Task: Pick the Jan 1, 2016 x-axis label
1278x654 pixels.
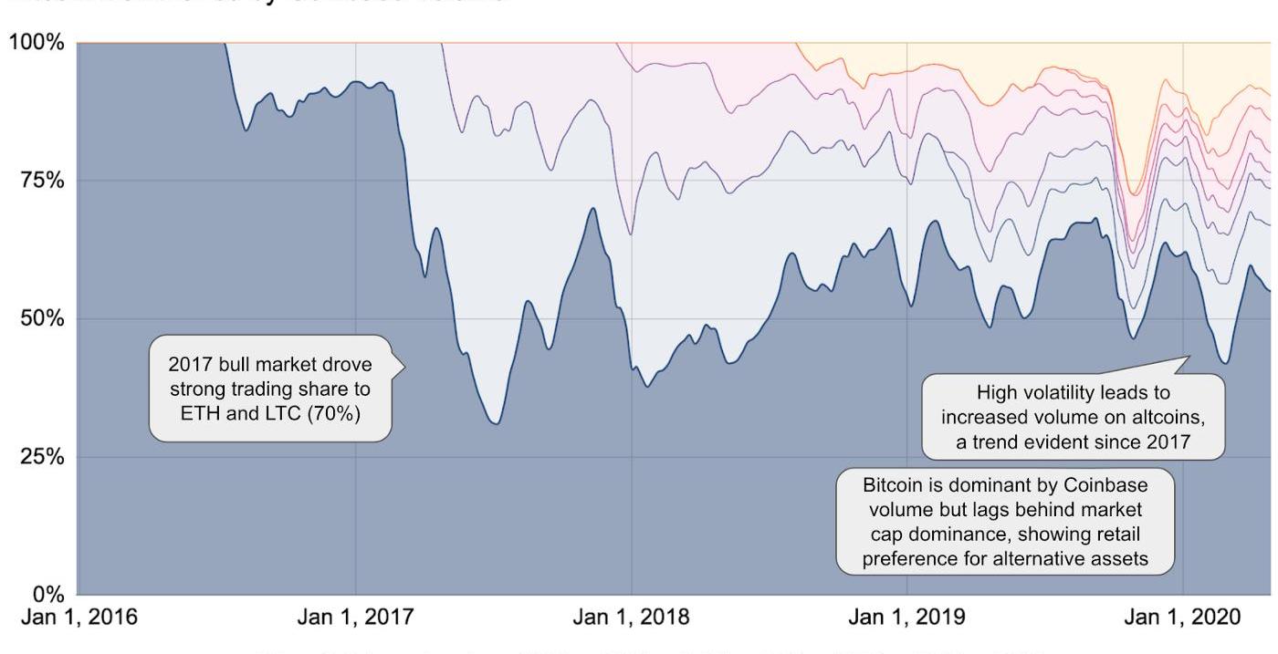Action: click(x=79, y=618)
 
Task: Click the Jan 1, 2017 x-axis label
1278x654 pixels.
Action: click(x=355, y=618)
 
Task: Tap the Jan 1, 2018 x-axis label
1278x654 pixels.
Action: click(x=631, y=618)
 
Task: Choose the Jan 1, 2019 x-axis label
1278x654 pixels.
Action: click(x=906, y=618)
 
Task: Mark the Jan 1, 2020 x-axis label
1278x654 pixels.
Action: click(x=1182, y=618)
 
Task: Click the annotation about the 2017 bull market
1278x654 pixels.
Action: click(x=270, y=389)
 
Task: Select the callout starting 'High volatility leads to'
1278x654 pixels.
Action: click(x=1072, y=417)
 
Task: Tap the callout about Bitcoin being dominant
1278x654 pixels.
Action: click(x=1005, y=521)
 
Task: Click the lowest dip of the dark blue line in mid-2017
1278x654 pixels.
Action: click(x=495, y=423)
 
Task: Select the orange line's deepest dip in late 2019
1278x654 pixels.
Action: click(x=1133, y=194)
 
